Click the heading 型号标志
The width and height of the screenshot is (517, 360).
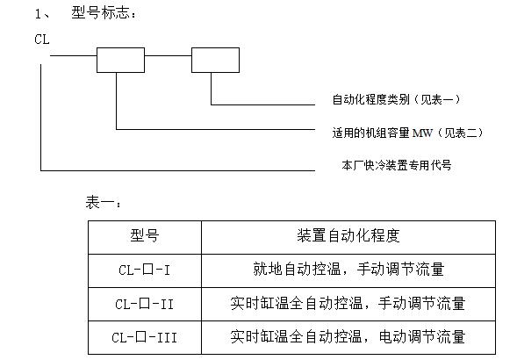click(x=99, y=13)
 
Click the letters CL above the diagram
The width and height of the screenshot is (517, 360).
click(x=42, y=40)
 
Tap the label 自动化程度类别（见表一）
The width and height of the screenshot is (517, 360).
click(x=397, y=99)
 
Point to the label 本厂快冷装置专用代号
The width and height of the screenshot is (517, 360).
click(x=397, y=165)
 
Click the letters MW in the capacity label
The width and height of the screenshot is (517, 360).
click(x=422, y=133)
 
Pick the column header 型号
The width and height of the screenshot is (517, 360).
click(x=145, y=235)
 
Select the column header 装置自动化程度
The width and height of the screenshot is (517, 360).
click(x=348, y=235)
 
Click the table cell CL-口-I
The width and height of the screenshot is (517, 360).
click(x=145, y=270)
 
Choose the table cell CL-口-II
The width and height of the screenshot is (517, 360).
click(x=145, y=304)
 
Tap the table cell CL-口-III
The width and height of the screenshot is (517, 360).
click(x=145, y=337)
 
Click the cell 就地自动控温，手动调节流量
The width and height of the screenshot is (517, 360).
click(x=348, y=269)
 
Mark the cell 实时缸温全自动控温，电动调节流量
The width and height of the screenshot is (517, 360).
click(x=348, y=336)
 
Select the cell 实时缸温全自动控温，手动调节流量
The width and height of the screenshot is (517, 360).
click(x=348, y=303)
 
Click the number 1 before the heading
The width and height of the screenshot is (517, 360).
click(x=38, y=14)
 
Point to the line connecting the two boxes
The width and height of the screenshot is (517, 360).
click(x=169, y=56)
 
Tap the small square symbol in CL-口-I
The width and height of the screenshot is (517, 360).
click(x=148, y=270)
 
